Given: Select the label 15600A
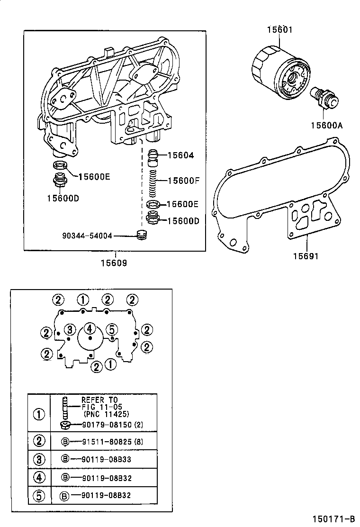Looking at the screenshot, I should point(326,125).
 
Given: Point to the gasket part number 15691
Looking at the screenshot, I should point(306,256).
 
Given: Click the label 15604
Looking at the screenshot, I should point(180,155).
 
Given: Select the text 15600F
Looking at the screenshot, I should point(183,181).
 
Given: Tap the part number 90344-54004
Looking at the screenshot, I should point(87,235).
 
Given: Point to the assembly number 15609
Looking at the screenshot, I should point(114,263).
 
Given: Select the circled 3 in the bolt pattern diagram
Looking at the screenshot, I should point(70,329).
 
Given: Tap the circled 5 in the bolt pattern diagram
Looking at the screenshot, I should point(111,329).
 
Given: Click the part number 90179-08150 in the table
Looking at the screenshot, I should point(107,425).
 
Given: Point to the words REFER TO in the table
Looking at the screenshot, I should point(99,400).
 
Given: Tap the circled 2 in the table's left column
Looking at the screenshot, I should point(39,441).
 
